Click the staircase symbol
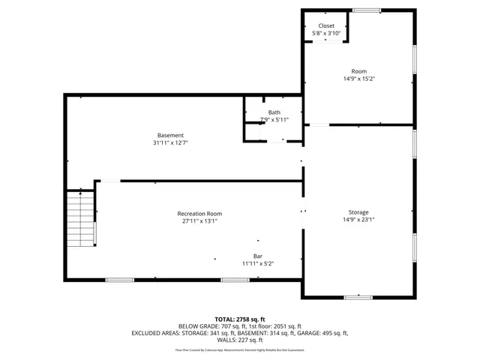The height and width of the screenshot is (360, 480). (79, 218)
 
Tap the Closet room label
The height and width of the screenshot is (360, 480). (326, 25)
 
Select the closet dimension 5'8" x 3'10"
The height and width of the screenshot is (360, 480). (326, 34)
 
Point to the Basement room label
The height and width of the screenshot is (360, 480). (170, 135)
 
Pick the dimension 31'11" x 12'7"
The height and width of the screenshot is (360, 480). (170, 143)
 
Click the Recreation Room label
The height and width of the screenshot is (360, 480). (199, 214)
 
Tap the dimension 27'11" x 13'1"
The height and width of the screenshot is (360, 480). (199, 221)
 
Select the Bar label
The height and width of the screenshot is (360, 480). (257, 256)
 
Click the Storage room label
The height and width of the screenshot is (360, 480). (358, 212)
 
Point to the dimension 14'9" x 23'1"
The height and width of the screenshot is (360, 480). (358, 220)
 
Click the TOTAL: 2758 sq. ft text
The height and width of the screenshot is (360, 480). (239, 319)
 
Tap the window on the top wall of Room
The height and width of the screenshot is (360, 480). (366, 10)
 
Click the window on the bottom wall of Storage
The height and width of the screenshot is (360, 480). (358, 298)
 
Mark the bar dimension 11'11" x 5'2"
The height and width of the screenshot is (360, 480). (257, 264)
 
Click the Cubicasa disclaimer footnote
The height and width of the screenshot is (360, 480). (239, 349)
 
